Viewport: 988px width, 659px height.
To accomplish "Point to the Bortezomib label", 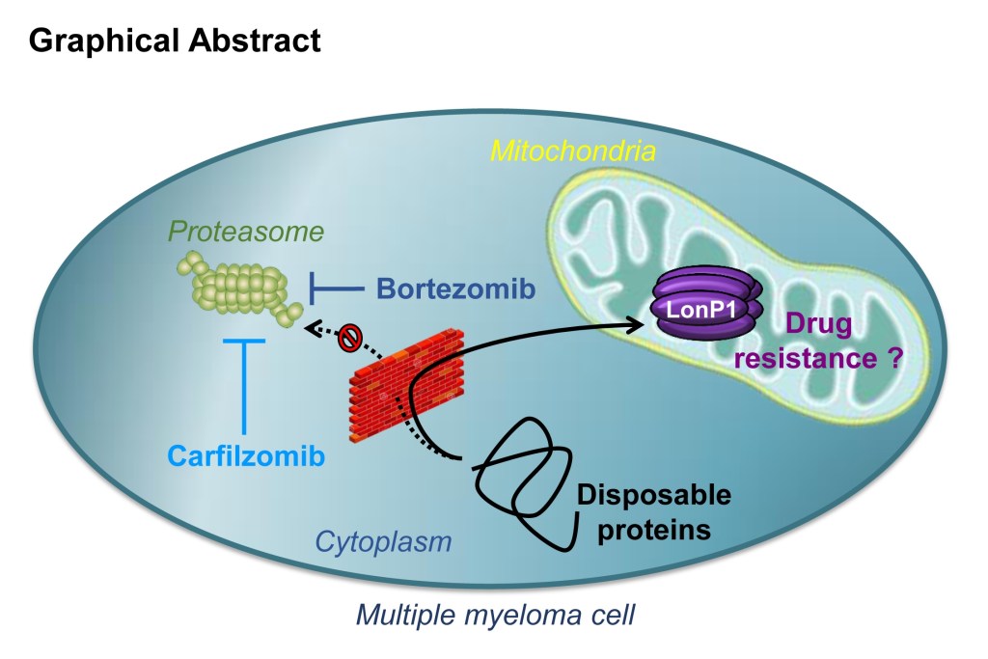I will point(454,288).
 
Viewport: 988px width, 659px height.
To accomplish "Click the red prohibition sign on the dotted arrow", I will point(349,338).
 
